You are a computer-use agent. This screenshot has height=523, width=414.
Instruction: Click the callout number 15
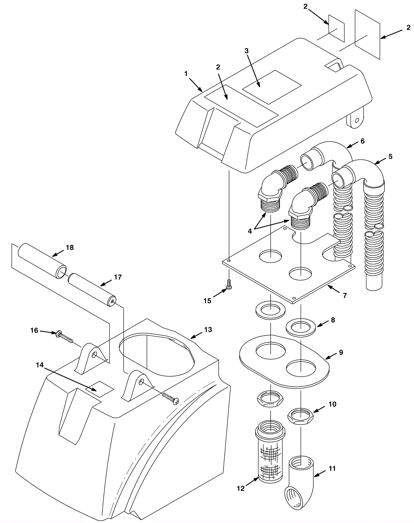(207, 301)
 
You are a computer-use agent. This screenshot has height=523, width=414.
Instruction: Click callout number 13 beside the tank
(208, 330)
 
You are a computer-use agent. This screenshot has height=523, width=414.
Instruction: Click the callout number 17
(118, 277)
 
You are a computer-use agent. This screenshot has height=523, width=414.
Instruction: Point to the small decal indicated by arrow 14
(100, 389)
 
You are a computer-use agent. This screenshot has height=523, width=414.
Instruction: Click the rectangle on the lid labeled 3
(272, 87)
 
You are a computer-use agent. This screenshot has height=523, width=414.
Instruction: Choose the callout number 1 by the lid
(186, 74)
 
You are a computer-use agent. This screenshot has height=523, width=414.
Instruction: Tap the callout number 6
(363, 141)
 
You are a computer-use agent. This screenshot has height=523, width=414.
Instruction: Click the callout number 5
(390, 157)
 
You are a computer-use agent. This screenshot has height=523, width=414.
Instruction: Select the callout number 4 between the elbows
(250, 232)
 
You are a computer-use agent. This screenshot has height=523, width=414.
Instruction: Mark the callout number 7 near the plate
(345, 296)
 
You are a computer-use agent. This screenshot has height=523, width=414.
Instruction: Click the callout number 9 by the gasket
(341, 352)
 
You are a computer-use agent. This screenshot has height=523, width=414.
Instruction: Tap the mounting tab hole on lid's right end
(357, 120)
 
